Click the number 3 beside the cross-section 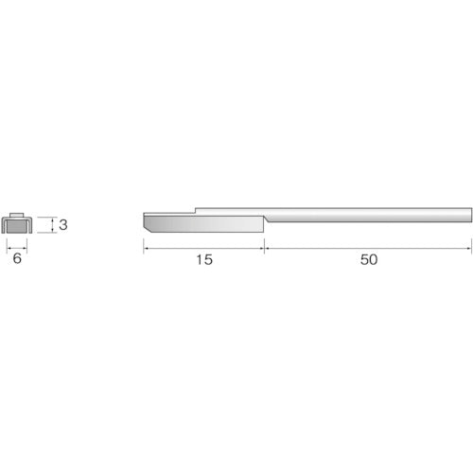[62, 225]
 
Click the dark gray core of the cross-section [17, 227]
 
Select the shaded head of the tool [203, 226]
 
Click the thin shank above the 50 [369, 213]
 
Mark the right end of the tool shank [469, 213]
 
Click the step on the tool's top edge [195, 209]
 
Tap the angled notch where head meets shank [265, 219]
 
